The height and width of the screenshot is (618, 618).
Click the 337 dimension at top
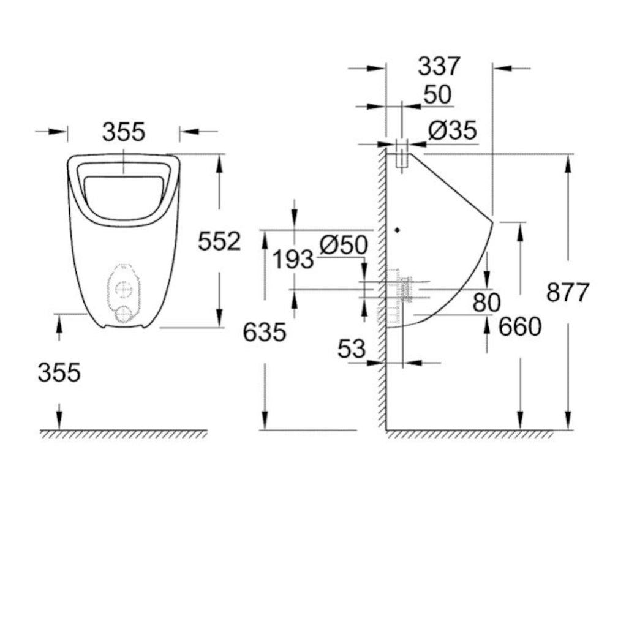tap(439, 66)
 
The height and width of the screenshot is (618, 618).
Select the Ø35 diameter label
tap(451, 130)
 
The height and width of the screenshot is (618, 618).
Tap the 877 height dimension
tap(567, 293)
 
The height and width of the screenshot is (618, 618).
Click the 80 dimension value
tap(486, 302)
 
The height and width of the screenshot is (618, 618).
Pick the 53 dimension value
tap(352, 349)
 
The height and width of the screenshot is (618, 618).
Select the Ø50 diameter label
tap(344, 245)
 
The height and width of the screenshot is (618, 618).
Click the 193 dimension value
tap(293, 260)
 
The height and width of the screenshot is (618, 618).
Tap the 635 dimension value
tap(265, 333)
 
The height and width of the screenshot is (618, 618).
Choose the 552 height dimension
tap(219, 241)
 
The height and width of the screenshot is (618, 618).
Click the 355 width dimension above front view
tap(123, 132)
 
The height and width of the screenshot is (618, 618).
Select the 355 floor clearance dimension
tap(59, 372)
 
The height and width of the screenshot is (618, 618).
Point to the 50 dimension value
tap(437, 95)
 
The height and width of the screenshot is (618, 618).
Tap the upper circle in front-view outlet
tap(123, 287)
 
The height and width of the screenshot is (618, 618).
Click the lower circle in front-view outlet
tap(123, 312)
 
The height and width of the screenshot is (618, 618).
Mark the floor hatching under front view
tap(122, 434)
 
